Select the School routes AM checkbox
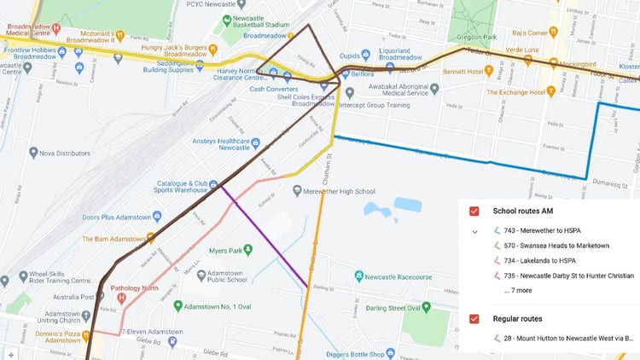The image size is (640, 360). [474, 211]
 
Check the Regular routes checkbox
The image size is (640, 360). [474, 318]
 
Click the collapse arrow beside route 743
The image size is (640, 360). [474, 231]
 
